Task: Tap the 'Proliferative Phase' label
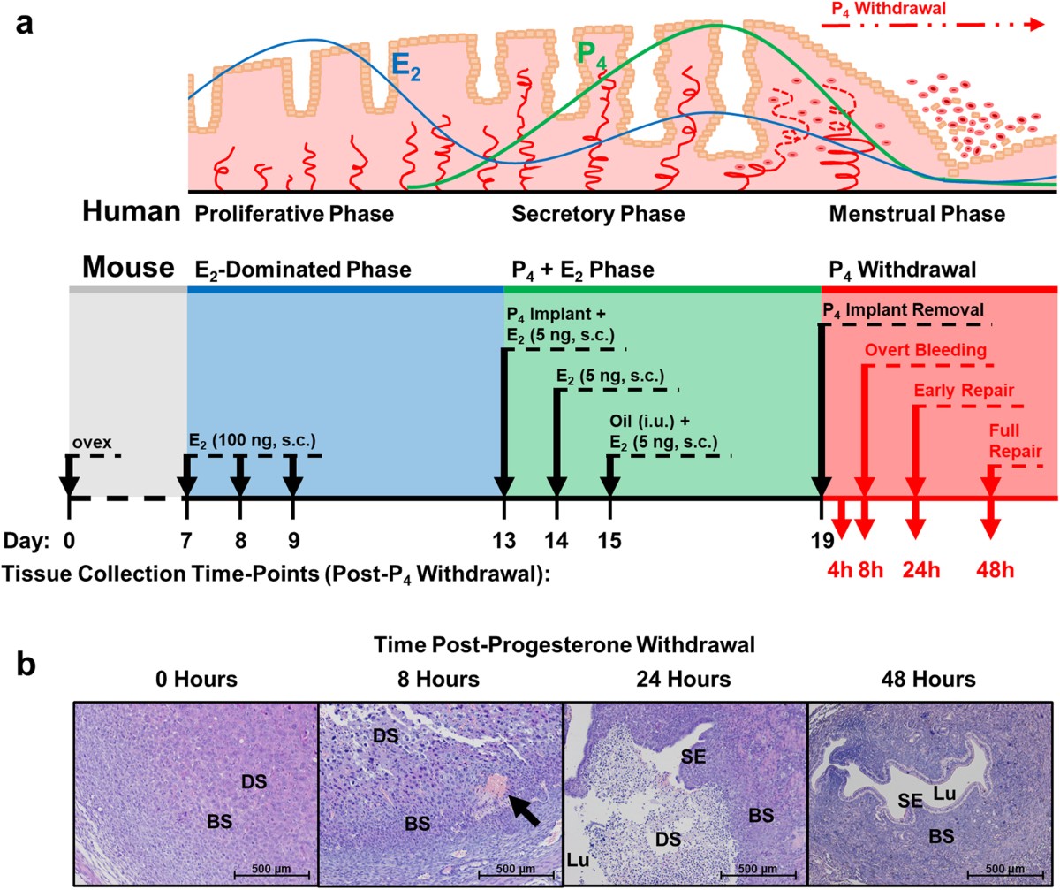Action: (x=293, y=215)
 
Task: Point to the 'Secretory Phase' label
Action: (x=598, y=215)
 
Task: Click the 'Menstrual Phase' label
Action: (x=916, y=215)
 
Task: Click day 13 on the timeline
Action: (x=504, y=539)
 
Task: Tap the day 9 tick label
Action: (x=293, y=539)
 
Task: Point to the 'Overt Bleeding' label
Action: (x=926, y=350)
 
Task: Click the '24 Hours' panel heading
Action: (x=685, y=680)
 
